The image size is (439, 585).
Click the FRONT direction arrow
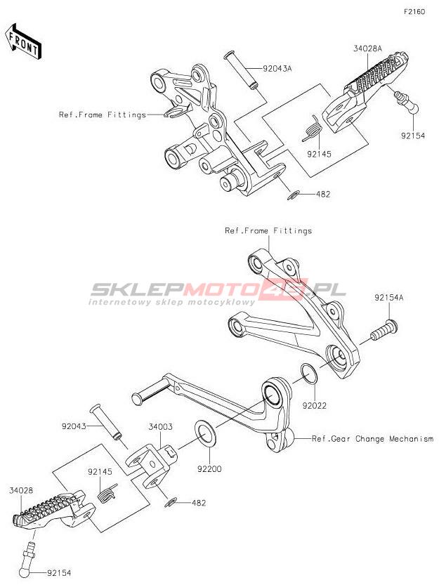23,41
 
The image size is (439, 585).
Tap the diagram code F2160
414,11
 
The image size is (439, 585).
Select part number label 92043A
277,69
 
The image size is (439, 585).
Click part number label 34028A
368,48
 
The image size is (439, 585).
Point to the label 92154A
389,298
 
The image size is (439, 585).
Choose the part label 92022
314,405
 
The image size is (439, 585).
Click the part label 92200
209,469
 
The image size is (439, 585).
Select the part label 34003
161,426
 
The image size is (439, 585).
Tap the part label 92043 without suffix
74,426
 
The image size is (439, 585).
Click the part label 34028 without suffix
21,490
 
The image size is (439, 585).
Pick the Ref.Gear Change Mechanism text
372,439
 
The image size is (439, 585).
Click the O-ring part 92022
309,374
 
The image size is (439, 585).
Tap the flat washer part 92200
205,433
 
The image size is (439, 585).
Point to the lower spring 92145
107,493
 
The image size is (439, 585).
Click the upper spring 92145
312,129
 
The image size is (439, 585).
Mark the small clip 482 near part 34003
171,503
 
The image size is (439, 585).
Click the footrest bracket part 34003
151,465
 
